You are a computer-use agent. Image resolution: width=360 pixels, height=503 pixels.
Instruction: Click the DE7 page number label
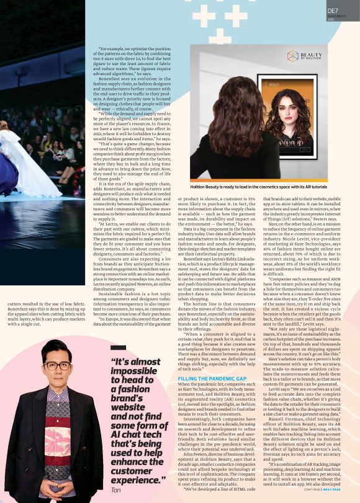click(333, 11)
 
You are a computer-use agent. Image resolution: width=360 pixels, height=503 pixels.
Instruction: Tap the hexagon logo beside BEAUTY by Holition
click(292, 56)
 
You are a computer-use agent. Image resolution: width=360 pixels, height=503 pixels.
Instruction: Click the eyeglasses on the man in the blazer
click(58, 366)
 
